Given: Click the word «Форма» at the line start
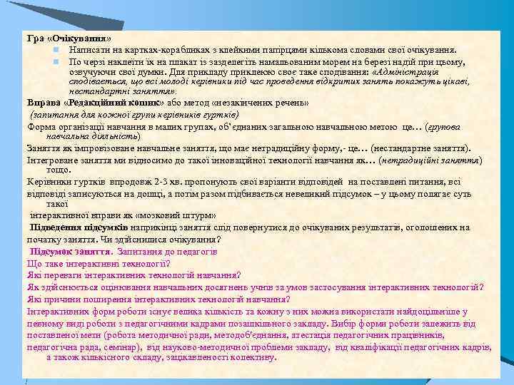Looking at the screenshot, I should click(x=41, y=126).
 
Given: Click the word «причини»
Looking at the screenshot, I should click(x=60, y=299).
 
